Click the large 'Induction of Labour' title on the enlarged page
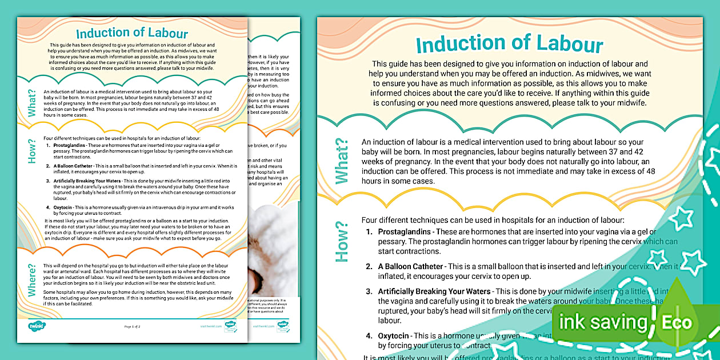coord(509,45)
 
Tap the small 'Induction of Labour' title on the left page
coord(133,33)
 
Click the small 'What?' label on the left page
coord(33,103)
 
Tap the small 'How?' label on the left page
coord(33,151)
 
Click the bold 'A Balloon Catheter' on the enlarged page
coord(410,266)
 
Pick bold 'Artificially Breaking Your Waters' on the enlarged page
coord(434,291)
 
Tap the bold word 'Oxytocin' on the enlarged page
coord(394,336)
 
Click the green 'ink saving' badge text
coord(602,322)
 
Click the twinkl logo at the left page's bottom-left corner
coord(37,326)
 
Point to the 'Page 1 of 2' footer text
coord(132,326)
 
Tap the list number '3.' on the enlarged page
coord(369,291)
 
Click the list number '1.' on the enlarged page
coord(369,231)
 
